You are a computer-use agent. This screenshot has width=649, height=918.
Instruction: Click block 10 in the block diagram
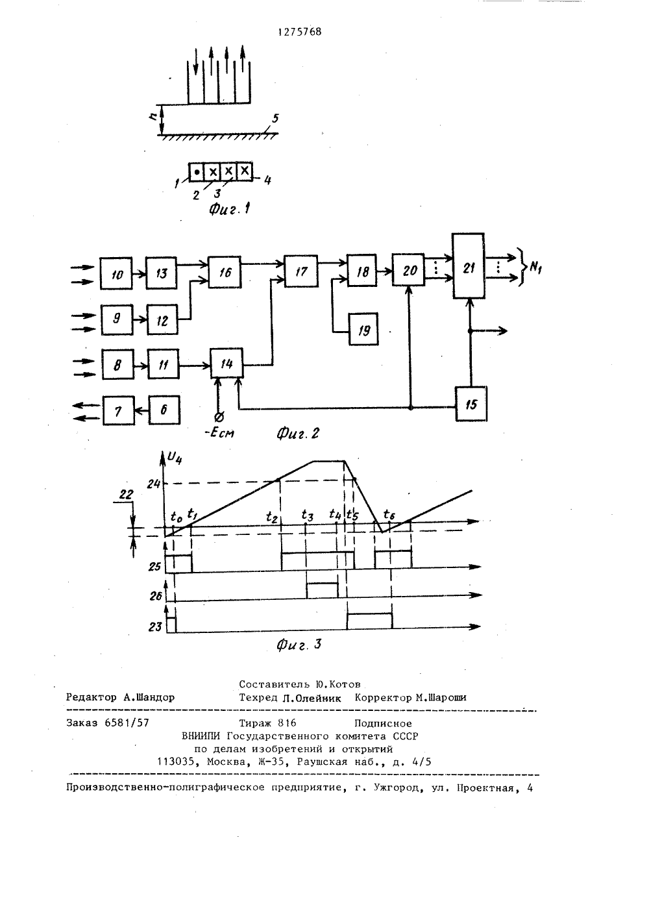116,273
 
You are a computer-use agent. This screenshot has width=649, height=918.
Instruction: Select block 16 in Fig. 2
225,272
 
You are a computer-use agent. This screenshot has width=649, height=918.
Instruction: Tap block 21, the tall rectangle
469,266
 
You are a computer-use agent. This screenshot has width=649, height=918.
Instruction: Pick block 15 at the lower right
471,404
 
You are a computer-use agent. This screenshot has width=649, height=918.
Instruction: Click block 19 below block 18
363,329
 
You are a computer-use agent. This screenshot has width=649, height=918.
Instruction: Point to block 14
227,363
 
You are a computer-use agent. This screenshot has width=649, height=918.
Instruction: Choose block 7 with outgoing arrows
118,410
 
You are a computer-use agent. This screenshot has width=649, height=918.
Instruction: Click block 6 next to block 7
164,410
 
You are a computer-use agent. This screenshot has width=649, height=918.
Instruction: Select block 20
408,269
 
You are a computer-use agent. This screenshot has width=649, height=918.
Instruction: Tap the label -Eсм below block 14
219,432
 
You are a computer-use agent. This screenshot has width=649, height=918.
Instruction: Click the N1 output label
535,268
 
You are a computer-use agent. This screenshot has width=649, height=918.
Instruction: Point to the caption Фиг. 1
230,210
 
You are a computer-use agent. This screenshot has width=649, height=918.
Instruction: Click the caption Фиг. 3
299,645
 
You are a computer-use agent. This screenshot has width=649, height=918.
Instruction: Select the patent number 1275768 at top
299,32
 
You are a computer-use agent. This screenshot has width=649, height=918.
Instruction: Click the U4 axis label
175,458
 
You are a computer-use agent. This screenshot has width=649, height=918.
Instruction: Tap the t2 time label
272,517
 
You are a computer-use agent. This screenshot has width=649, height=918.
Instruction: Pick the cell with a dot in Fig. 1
197,171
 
